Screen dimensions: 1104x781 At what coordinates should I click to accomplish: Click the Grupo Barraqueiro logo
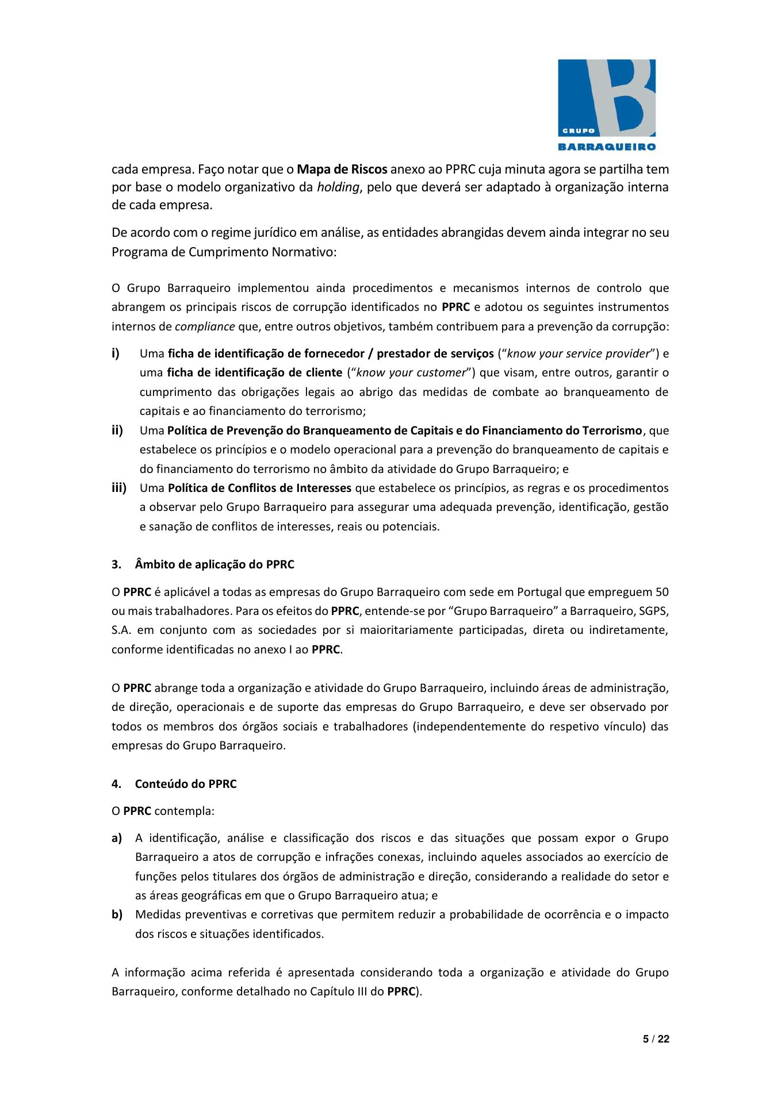tap(607, 104)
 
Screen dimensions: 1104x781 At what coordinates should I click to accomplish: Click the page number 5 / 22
tap(656, 1038)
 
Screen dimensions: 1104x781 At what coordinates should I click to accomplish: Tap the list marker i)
tap(116, 353)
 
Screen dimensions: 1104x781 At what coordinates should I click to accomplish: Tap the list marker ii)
tap(117, 430)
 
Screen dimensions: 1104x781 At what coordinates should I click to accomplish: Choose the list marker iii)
tap(119, 488)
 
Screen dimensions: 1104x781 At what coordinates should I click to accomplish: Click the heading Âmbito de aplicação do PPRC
tap(215, 564)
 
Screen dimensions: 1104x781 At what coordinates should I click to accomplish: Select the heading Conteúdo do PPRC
tap(186, 784)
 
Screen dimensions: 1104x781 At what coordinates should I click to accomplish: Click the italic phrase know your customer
tap(411, 372)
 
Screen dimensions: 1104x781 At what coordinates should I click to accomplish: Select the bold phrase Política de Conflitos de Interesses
tap(259, 488)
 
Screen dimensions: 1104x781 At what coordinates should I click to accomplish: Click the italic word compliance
tap(205, 327)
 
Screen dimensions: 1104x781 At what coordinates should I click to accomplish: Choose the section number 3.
tap(116, 564)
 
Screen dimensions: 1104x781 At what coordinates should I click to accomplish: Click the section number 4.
tap(116, 784)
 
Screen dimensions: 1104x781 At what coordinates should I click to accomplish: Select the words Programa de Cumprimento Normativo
tap(223, 252)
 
